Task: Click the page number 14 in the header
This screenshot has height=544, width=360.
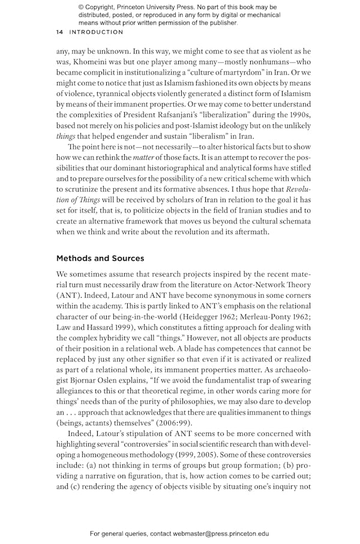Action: [60, 32]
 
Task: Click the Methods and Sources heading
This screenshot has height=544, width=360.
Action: [100, 258]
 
